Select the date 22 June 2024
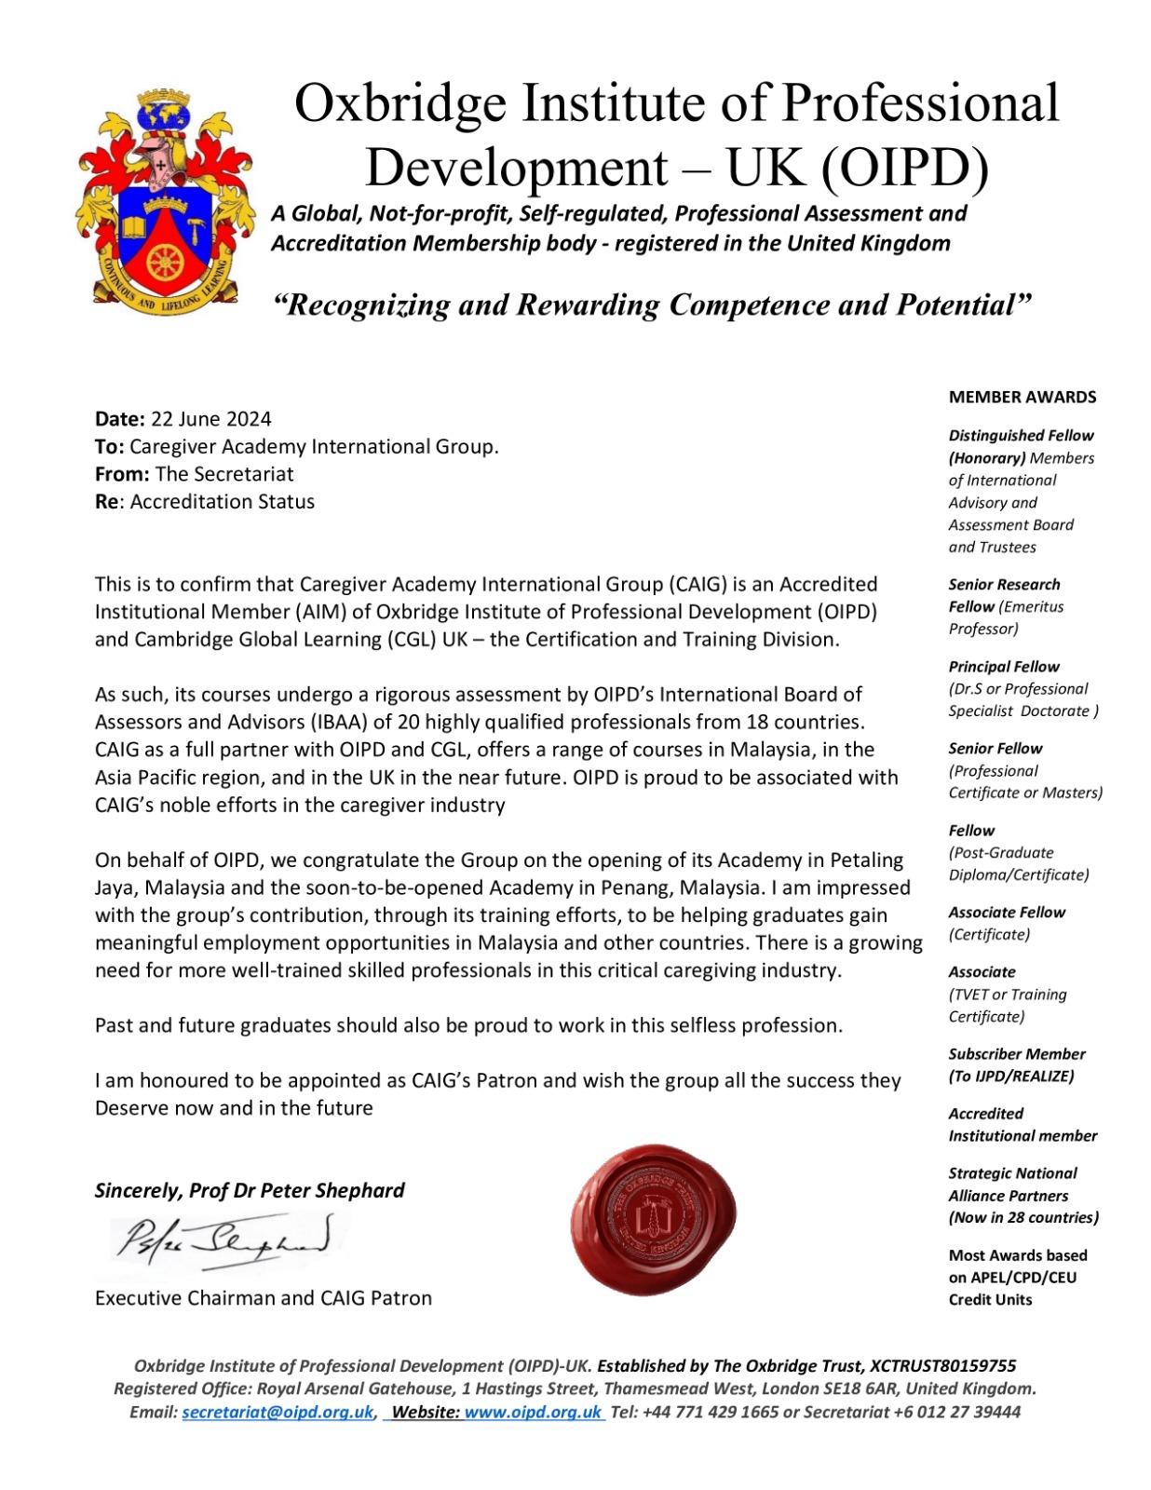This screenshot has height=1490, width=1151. point(211,419)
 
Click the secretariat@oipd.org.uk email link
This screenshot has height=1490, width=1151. point(278,1412)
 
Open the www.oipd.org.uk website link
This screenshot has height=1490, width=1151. point(533,1412)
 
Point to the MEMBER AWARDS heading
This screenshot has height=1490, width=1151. point(1022,397)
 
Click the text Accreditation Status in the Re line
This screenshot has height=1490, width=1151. point(223,502)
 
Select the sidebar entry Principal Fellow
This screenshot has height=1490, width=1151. point(1003,667)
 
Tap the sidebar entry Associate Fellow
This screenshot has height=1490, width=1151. point(1006,913)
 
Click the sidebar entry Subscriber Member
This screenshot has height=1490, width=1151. point(1016,1054)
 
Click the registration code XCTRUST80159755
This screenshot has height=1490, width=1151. point(942,1366)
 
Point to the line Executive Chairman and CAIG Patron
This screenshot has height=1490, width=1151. point(264,1298)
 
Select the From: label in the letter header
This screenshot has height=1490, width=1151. point(122,474)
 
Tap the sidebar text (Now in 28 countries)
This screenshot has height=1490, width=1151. point(1022,1218)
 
